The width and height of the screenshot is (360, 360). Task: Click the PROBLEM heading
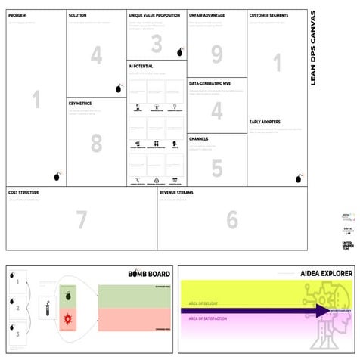(x=17, y=15)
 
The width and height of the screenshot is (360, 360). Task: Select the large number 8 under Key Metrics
(x=96, y=142)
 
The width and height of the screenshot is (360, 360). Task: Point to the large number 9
(x=216, y=54)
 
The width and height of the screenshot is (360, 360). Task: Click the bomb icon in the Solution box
(x=119, y=88)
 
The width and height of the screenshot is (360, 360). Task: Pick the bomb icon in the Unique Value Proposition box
(x=180, y=52)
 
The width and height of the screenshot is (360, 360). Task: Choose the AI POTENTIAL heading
(x=141, y=66)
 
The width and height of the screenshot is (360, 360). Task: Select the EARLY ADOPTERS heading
(x=265, y=122)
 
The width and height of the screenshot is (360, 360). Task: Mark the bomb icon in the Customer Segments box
(x=299, y=179)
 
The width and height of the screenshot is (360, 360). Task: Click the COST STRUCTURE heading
(x=23, y=192)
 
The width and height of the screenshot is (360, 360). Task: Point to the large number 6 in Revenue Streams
(x=231, y=218)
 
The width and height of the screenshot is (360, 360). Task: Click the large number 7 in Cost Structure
(x=82, y=219)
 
